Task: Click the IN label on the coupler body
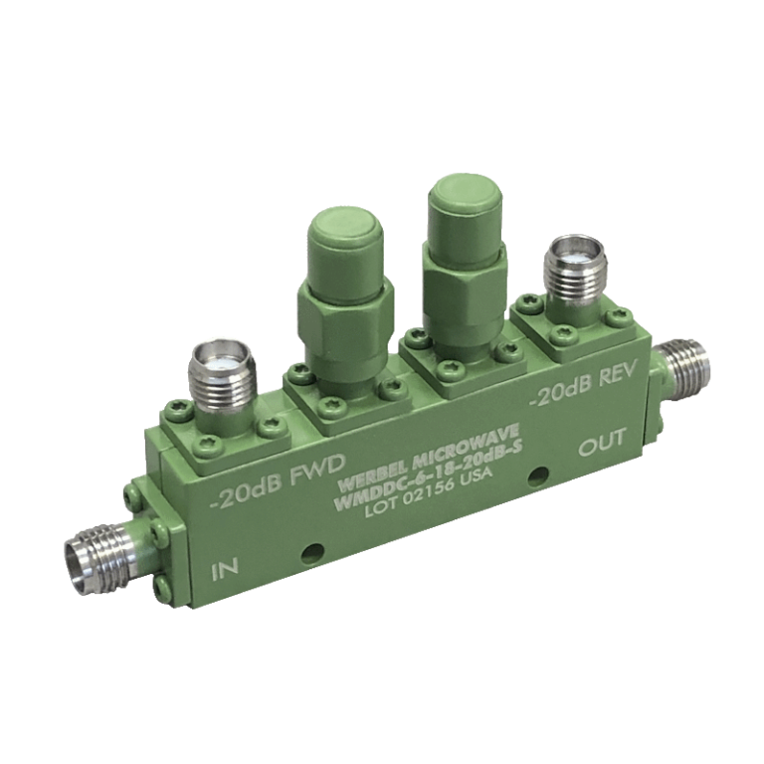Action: tap(225, 568)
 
